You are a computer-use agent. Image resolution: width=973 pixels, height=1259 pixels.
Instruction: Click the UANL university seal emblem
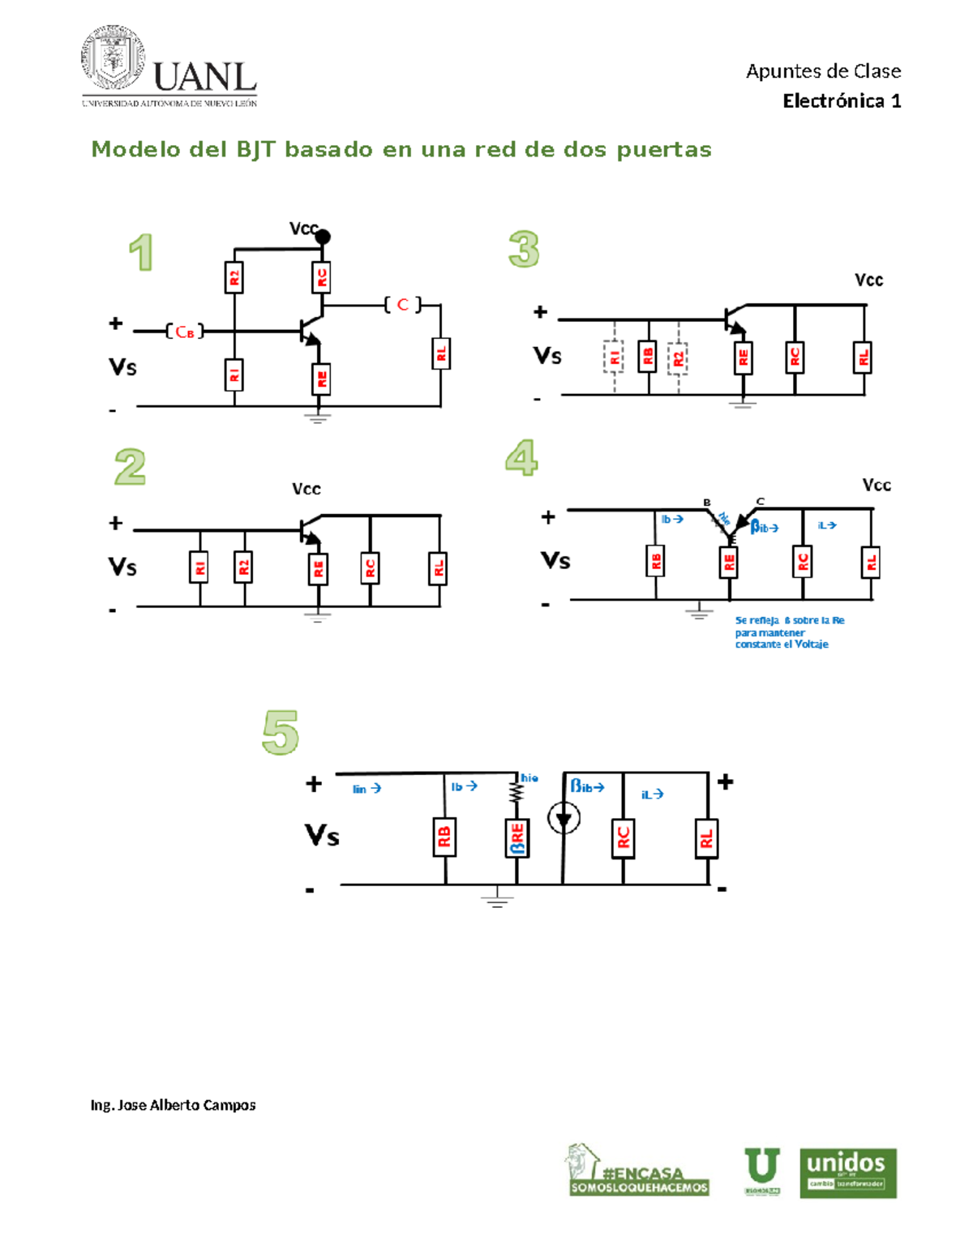pos(113,58)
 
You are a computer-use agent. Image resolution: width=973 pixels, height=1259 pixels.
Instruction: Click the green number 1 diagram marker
pos(141,252)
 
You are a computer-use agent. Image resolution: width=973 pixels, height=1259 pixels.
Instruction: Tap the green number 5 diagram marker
pos(281,733)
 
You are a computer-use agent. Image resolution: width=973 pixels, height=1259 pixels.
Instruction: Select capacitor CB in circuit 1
pos(184,332)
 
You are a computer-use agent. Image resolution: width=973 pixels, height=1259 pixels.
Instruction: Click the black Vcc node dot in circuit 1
pos(323,237)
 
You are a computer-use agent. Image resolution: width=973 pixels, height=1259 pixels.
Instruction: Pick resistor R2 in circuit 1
pos(234,278)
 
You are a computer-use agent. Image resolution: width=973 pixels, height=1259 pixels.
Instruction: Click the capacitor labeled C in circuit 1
pos(403,305)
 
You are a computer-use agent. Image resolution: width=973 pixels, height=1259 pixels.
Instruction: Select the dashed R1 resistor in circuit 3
pos(614,357)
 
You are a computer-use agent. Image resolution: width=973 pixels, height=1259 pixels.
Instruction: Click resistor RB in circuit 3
pos(647,356)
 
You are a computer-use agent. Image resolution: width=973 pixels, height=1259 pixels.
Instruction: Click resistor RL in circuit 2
pos(439,568)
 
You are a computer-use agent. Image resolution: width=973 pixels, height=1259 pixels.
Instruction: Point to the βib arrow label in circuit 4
pos(764,528)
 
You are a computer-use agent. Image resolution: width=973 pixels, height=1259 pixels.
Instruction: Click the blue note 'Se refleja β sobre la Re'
pos(789,632)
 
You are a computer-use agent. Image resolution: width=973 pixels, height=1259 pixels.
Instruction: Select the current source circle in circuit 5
pos(564,817)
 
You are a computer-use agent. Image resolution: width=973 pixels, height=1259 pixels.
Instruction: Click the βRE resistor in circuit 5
pos(517,837)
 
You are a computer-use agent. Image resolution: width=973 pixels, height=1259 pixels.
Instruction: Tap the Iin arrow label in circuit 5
pos(366,789)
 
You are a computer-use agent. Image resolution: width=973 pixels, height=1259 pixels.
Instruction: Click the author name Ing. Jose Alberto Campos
pos(173,1105)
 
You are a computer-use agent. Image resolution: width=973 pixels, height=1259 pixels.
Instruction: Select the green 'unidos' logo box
pos(847,1172)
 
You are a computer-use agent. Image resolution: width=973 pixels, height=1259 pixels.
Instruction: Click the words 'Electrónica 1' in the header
pos(841,101)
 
